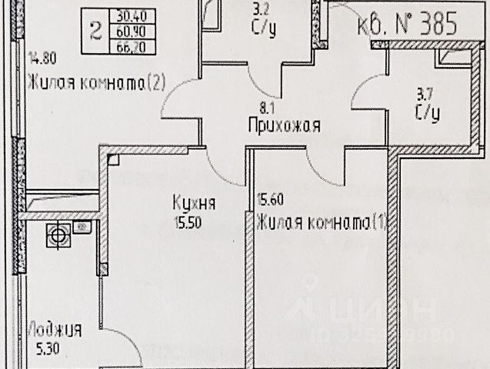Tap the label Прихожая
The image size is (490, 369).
[x=284, y=125]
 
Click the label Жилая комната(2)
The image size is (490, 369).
[x=96, y=83]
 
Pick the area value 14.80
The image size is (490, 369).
[x=43, y=57]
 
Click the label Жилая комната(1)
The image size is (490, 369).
[x=324, y=224]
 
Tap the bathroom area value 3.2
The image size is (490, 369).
[x=262, y=12]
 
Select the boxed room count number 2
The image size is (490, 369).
[x=95, y=32]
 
